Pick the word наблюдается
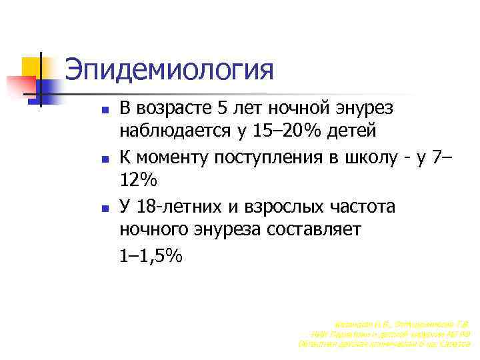tap(176, 131)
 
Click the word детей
tap(353, 131)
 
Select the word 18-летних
tap(181, 207)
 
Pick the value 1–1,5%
tap(151, 256)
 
